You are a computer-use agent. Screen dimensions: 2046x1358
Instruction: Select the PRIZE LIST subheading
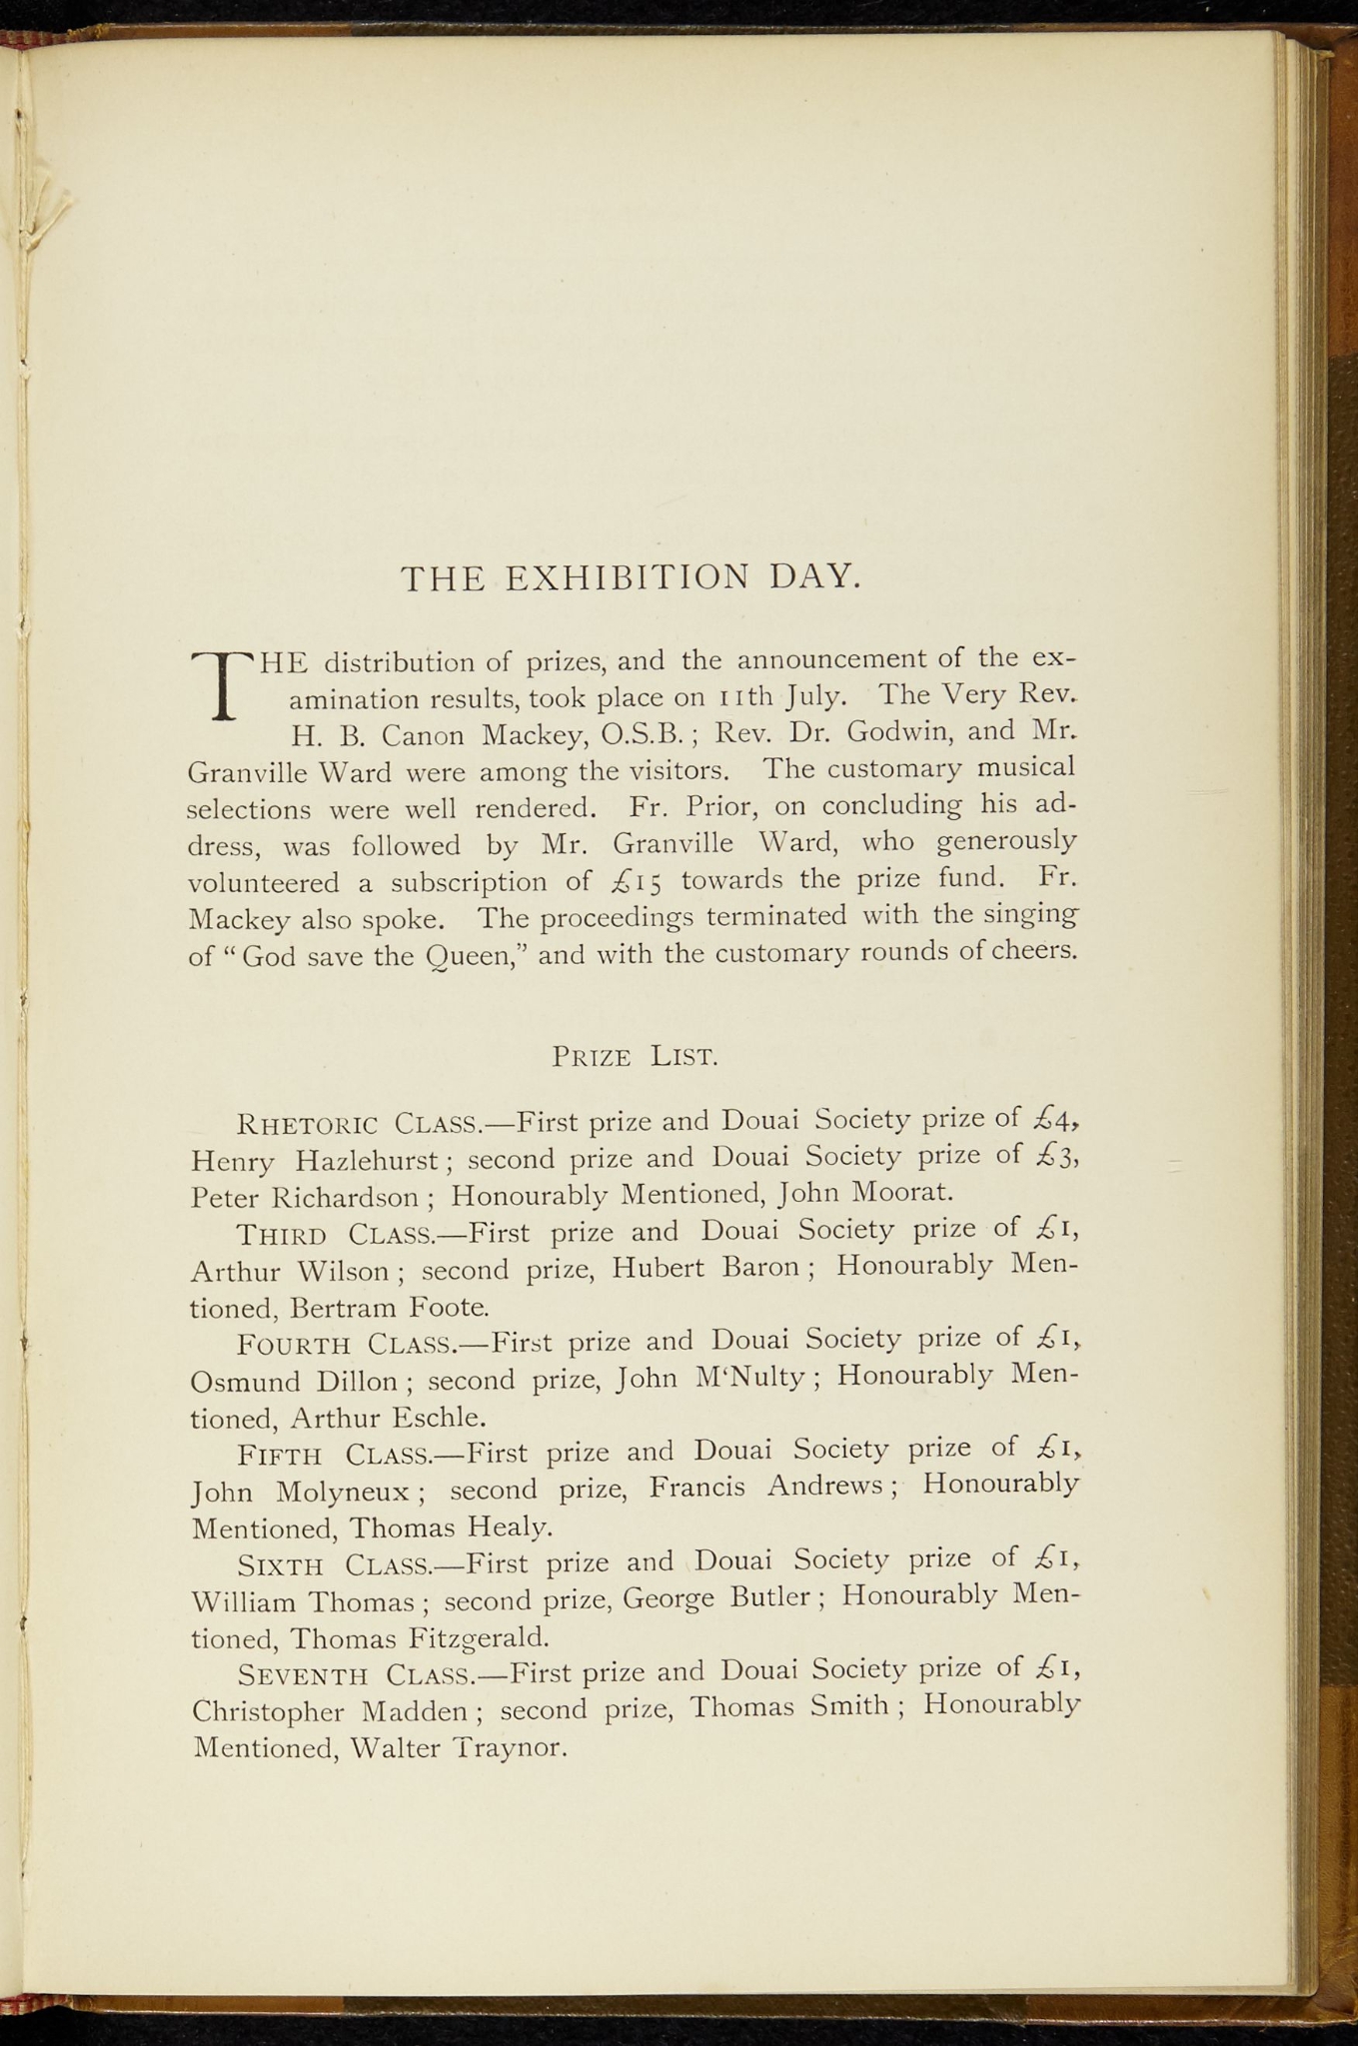pyautogui.click(x=635, y=1056)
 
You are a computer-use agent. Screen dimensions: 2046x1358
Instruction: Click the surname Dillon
pyautogui.click(x=357, y=1382)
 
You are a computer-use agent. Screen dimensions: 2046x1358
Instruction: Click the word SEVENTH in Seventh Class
pyautogui.click(x=302, y=1674)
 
